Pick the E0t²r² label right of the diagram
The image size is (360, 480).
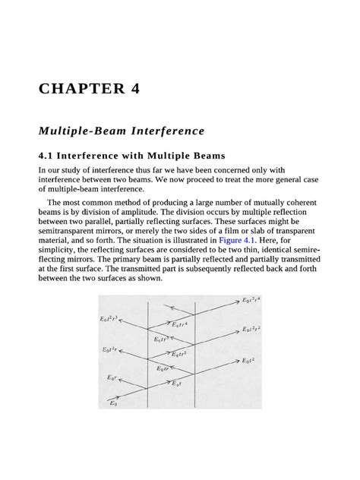pos(254,330)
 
